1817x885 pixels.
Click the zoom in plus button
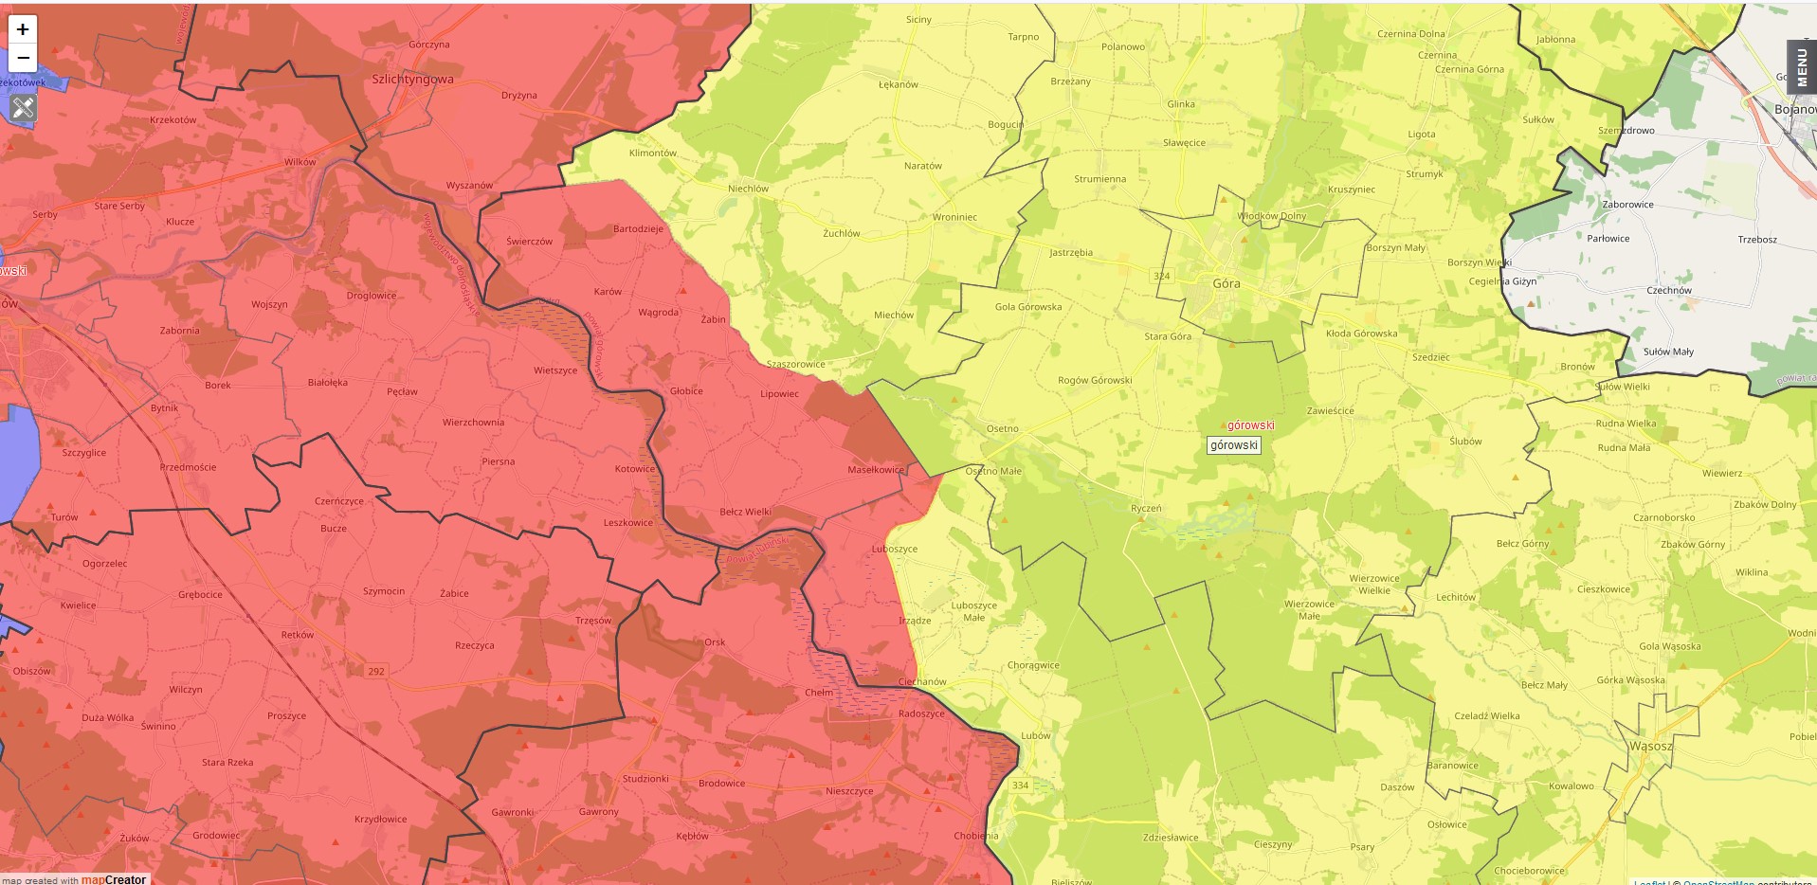click(23, 29)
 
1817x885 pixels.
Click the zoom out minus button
click(23, 58)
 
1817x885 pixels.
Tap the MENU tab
click(1801, 67)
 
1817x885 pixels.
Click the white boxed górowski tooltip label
click(1233, 445)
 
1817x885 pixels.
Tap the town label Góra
click(1226, 283)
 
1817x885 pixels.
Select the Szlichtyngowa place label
click(412, 80)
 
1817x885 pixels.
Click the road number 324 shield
click(1161, 277)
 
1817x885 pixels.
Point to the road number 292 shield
click(376, 671)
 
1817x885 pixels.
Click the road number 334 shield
click(1020, 786)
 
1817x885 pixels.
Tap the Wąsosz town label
click(1650, 747)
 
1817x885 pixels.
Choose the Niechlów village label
click(748, 189)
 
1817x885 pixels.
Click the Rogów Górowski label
click(1095, 381)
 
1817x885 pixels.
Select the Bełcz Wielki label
click(745, 513)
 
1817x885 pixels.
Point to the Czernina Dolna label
click(1410, 34)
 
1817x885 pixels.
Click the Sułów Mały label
click(1667, 352)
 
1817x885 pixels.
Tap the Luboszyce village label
click(894, 549)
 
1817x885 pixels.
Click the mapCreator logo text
click(113, 879)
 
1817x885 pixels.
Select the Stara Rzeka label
click(227, 762)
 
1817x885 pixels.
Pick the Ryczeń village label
click(1145, 509)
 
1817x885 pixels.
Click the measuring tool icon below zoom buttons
click(23, 108)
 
